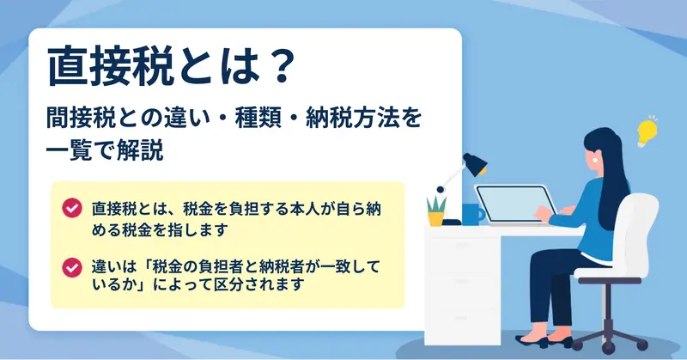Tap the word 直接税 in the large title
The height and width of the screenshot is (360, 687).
point(109,68)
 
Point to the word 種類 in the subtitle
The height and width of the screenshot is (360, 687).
point(258,119)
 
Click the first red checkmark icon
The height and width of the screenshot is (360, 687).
point(72,207)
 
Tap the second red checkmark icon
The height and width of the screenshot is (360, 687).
point(72,267)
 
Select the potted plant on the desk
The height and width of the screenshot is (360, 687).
point(436,211)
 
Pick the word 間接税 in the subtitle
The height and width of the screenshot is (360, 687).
point(81,119)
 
